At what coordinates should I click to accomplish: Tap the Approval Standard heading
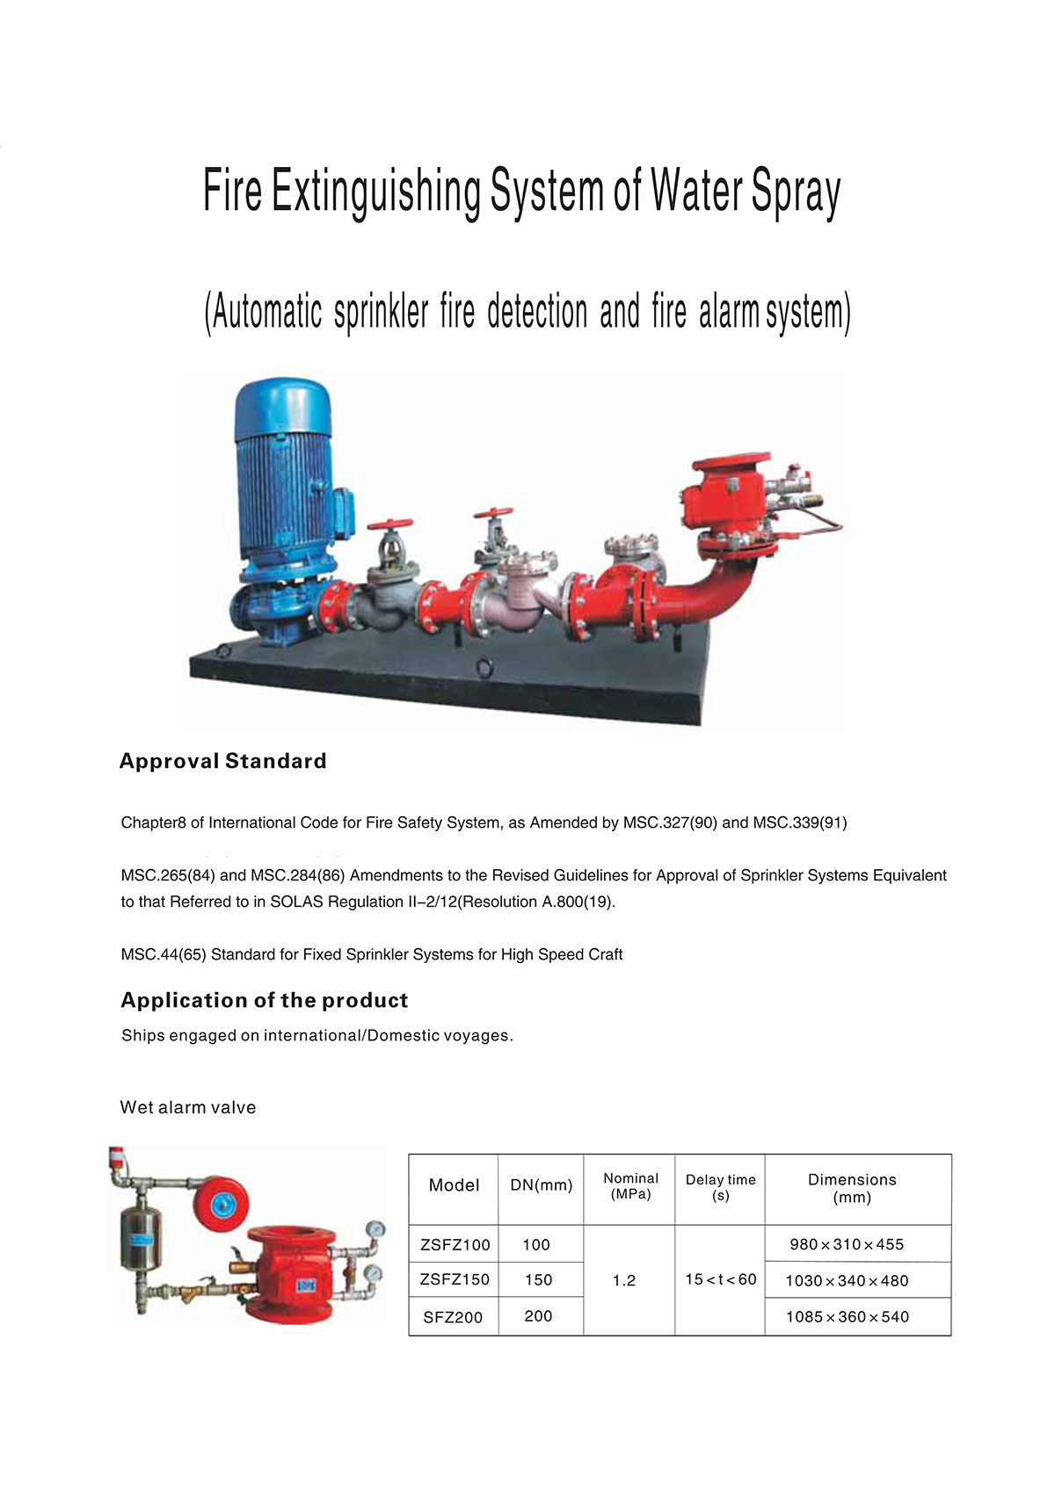[222, 761]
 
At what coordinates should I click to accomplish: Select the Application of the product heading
[264, 1000]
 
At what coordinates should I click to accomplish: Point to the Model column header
[454, 1185]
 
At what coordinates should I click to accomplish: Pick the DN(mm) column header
[541, 1185]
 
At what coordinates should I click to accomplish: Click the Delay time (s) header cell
[720, 1187]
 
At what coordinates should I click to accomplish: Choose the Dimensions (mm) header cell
[852, 1188]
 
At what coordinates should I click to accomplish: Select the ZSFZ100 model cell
[455, 1244]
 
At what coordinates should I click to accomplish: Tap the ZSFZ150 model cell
[455, 1279]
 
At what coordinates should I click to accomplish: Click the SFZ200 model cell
[453, 1317]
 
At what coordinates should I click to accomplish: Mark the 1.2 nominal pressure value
[624, 1280]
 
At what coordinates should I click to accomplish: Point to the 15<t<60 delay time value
[720, 1279]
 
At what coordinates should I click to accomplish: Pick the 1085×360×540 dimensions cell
[847, 1316]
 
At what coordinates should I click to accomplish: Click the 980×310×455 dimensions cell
[846, 1244]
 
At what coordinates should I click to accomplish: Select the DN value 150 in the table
[538, 1279]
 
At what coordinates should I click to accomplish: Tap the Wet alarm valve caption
[188, 1107]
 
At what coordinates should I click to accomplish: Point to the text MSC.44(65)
[164, 954]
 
